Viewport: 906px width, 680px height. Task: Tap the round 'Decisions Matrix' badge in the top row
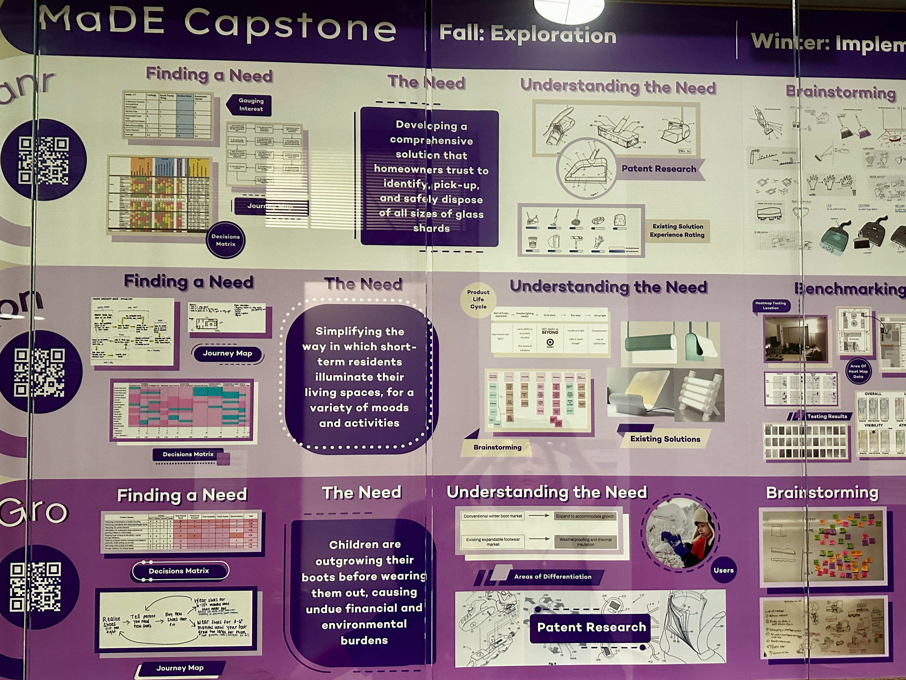coord(226,240)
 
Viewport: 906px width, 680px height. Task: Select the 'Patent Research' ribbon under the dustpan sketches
coord(659,169)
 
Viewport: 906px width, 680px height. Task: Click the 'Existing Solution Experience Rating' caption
coord(677,230)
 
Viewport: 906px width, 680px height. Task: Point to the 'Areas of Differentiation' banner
coord(552,577)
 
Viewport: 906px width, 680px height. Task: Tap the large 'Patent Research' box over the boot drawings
coord(591,627)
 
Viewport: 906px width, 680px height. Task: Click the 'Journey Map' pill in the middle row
coord(227,353)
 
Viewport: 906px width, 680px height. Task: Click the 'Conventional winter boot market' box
coord(493,516)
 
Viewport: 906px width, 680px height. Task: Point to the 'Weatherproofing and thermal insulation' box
coord(585,542)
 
